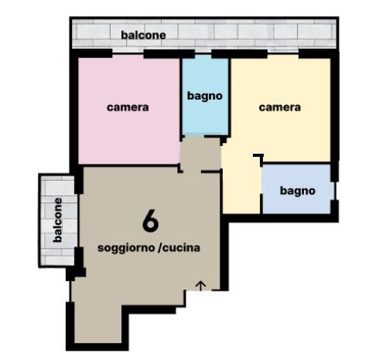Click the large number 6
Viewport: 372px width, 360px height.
[x=150, y=221]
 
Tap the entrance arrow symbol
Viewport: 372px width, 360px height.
[x=201, y=286]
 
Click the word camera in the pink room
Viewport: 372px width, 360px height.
[x=128, y=107]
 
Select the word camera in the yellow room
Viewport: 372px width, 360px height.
[x=280, y=107]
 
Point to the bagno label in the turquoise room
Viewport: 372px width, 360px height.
[x=205, y=96]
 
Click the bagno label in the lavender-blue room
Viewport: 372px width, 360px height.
[x=298, y=191]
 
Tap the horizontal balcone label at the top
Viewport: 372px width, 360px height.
[x=143, y=35]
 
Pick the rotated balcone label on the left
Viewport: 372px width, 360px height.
[x=57, y=220]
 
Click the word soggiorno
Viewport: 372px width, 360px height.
[x=126, y=248]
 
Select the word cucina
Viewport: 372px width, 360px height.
[x=182, y=247]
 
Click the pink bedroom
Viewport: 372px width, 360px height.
[x=129, y=110]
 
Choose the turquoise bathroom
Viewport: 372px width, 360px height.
[x=205, y=96]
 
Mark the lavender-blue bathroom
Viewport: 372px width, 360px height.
[x=296, y=189]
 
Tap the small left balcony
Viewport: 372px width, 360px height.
[x=58, y=221]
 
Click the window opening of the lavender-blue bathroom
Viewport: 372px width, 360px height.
[x=336, y=191]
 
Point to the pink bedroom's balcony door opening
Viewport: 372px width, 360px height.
[x=128, y=53]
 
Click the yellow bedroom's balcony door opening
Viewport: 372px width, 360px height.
[x=283, y=53]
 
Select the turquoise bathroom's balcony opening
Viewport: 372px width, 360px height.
[x=203, y=53]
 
